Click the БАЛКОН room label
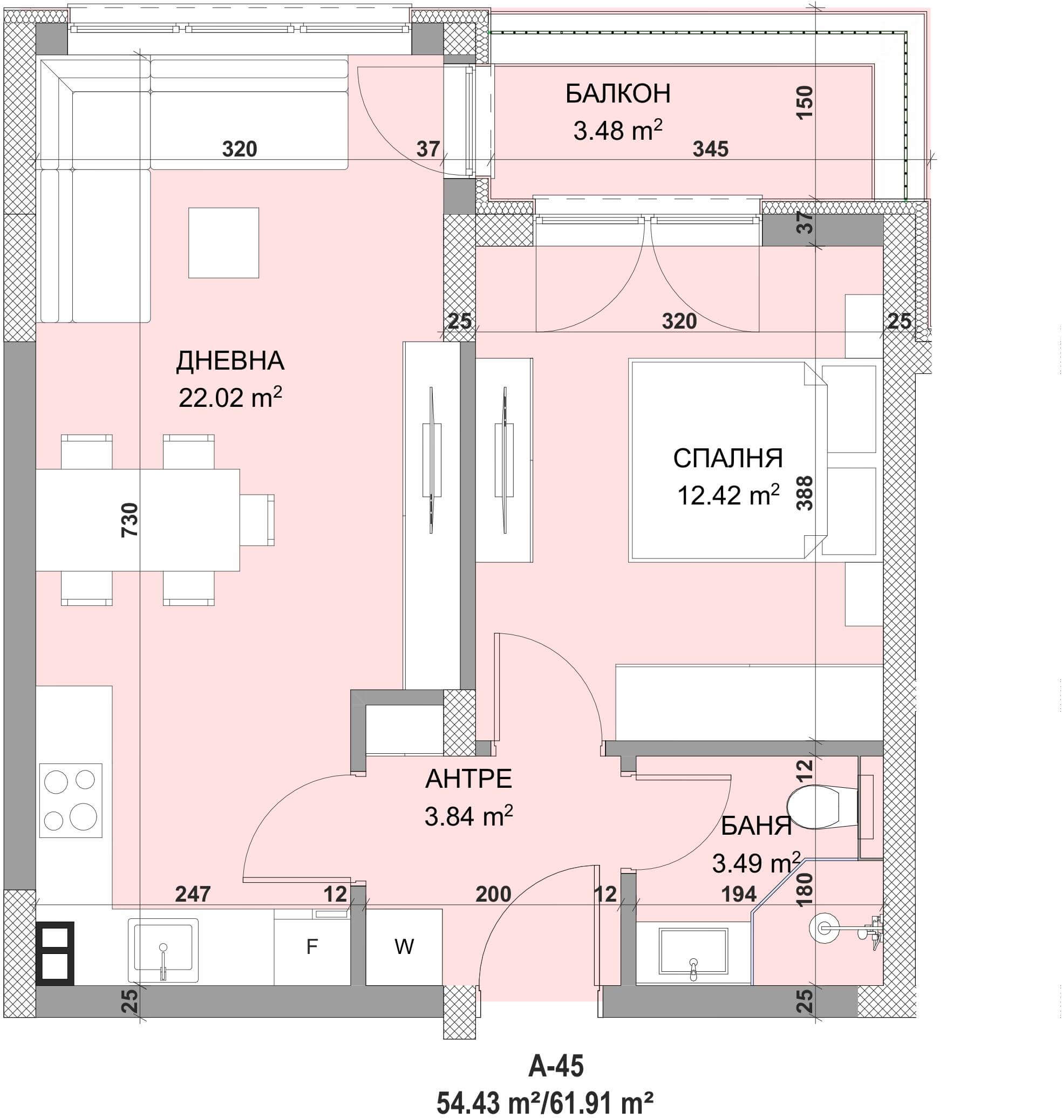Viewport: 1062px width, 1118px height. pyautogui.click(x=618, y=93)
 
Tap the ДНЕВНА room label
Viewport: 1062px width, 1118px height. pyautogui.click(x=230, y=360)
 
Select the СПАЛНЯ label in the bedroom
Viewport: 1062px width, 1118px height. pyautogui.click(x=727, y=458)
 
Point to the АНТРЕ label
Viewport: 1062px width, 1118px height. pyautogui.click(x=468, y=779)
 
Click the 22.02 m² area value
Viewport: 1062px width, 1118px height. pyautogui.click(x=230, y=397)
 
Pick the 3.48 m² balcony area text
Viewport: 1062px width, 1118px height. pyautogui.click(x=618, y=131)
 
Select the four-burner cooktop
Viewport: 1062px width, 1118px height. pyautogui.click(x=71, y=800)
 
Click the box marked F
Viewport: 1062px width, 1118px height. pyautogui.click(x=312, y=946)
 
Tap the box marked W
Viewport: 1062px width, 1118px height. pyautogui.click(x=404, y=946)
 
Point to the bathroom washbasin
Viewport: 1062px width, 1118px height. pyautogui.click(x=693, y=953)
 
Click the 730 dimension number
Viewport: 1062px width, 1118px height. pyautogui.click(x=130, y=520)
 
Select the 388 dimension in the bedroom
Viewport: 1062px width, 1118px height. pyautogui.click(x=805, y=493)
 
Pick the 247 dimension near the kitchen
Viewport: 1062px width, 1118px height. pyautogui.click(x=193, y=894)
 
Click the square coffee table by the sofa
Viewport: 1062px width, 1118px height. pyautogui.click(x=223, y=243)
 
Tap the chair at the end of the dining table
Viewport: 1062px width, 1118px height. pyautogui.click(x=257, y=520)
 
